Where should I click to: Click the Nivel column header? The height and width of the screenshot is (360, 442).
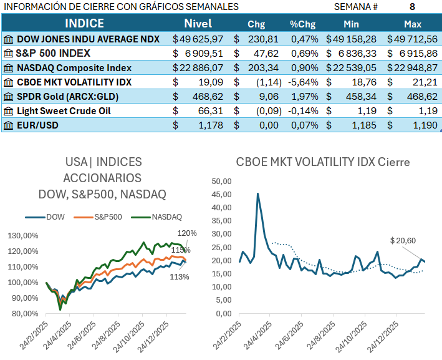pos(198,24)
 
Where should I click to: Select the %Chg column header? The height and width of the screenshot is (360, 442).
pos(304,24)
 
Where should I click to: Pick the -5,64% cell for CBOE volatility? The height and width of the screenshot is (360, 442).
pos(304,82)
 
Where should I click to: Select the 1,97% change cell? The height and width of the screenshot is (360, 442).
pos(305,97)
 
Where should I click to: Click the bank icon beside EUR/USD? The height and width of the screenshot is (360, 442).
pos(8,125)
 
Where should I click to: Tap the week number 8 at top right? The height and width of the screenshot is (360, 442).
pos(412,7)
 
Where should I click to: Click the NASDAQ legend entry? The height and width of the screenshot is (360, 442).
pos(165,217)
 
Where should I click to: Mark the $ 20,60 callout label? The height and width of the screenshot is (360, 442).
pos(403,240)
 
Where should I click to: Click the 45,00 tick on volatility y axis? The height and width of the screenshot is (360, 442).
pos(222,194)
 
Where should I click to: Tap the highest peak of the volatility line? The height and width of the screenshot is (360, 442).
pos(258,193)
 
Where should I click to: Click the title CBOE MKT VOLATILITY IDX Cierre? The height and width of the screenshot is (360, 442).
pos(323,162)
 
